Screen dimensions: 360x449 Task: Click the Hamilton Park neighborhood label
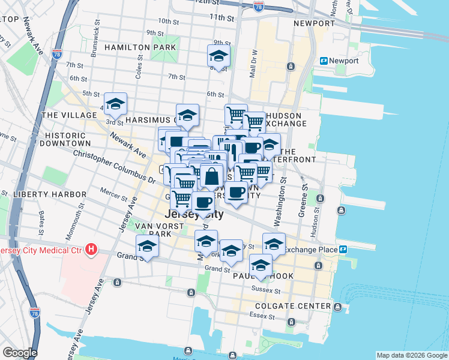(x=140, y=47)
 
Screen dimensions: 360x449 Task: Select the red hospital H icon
(x=91, y=249)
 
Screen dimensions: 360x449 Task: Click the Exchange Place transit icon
(x=343, y=249)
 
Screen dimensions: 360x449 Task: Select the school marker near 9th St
(x=218, y=56)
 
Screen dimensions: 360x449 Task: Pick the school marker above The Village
(x=115, y=104)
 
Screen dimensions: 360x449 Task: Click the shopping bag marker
(x=211, y=178)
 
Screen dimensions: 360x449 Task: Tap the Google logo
(x=20, y=352)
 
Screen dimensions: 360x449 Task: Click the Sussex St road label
(x=269, y=290)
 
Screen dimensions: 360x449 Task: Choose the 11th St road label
(x=221, y=18)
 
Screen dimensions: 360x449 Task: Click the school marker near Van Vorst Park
(x=147, y=245)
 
